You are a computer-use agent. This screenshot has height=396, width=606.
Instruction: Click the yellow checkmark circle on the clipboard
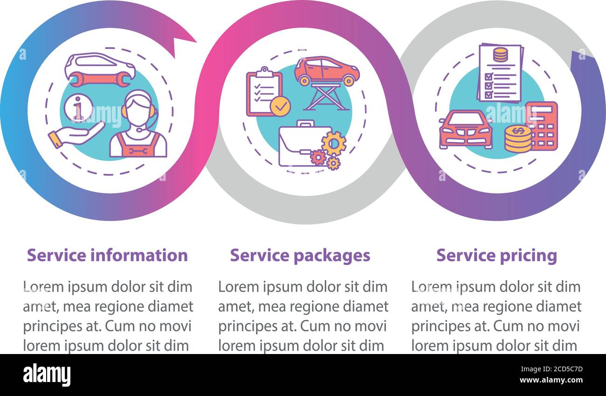click(x=280, y=106)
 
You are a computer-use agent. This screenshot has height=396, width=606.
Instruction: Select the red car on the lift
click(x=326, y=70)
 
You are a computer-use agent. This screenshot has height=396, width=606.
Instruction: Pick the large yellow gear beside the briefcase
click(x=334, y=143)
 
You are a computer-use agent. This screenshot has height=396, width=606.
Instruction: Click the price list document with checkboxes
click(x=500, y=73)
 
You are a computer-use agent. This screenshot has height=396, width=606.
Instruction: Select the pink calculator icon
click(x=542, y=125)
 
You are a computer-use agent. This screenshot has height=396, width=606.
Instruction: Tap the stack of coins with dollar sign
click(x=517, y=139)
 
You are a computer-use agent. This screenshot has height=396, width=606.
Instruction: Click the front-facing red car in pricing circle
click(x=465, y=129)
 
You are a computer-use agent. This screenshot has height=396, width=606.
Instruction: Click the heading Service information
click(x=107, y=256)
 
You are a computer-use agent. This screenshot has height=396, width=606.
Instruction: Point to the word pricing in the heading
click(x=529, y=256)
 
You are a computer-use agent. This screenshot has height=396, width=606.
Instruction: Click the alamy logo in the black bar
click(x=47, y=375)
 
